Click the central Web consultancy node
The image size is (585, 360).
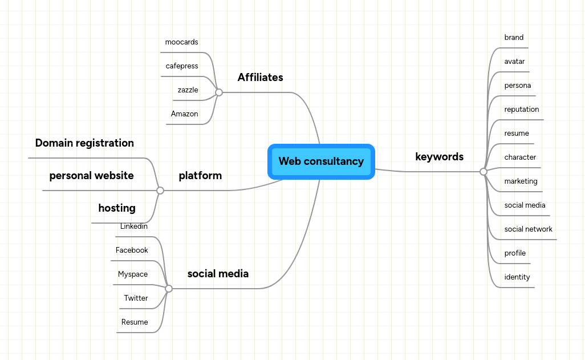pos(321,161)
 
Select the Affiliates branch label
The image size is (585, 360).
pos(260,78)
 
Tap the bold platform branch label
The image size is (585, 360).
pos(200,176)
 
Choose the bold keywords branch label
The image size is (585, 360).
pos(439,157)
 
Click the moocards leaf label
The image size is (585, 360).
pos(181,42)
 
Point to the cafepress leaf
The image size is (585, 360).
pos(182,66)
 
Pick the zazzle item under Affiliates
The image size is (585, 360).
pos(188,90)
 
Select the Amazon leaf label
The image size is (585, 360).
pos(184,114)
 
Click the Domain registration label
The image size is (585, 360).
pos(84,143)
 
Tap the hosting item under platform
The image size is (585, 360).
pos(117,208)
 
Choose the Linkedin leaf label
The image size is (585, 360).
pos(134,226)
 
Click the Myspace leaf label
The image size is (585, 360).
pos(132,274)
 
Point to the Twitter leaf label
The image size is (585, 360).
pos(136,298)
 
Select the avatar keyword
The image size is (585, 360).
pos(514,62)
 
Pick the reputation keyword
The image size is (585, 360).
pos(521,110)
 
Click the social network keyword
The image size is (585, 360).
pos(528,229)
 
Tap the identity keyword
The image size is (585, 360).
pos(517,277)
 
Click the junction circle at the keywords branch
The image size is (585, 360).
pos(484,172)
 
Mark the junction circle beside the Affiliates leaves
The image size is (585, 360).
pos(219,92)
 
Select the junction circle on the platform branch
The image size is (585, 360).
pos(160,191)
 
